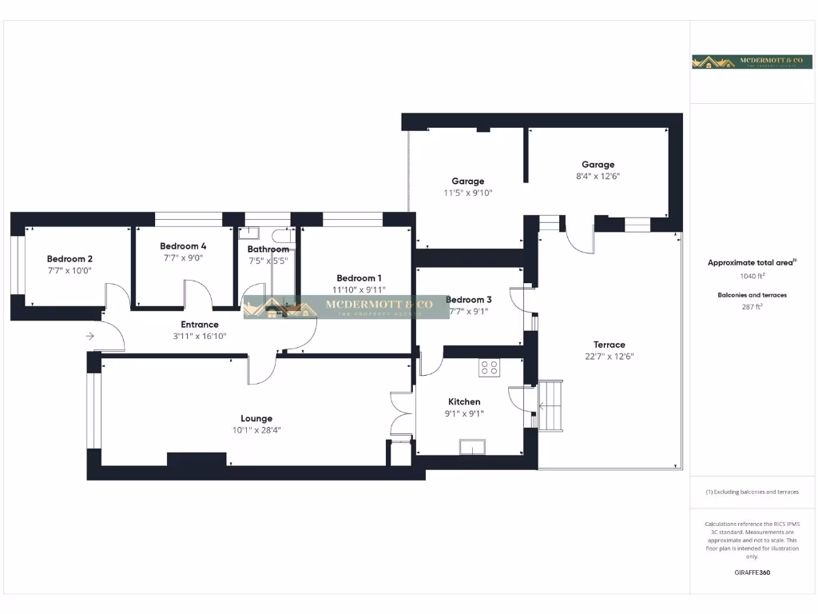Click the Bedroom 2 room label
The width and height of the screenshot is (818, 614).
pos(69,258)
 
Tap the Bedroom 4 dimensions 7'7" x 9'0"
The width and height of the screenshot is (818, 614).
pos(183,257)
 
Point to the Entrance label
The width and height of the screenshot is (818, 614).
pos(200,325)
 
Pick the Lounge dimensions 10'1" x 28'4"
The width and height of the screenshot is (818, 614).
pos(256,430)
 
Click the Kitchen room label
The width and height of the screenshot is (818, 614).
pos(464,401)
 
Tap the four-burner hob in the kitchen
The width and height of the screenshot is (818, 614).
pos(489,368)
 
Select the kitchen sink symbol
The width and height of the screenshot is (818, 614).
pos(472,446)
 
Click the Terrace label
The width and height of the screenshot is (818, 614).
pos(610,345)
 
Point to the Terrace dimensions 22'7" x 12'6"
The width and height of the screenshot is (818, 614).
pos(610,357)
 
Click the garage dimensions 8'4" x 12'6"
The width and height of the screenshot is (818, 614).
pos(598,177)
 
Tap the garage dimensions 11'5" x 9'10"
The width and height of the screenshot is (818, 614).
pos(468,193)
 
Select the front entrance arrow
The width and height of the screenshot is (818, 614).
pos(90,337)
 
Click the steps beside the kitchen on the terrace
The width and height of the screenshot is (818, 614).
pos(550,405)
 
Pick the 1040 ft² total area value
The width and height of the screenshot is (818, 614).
pos(752,276)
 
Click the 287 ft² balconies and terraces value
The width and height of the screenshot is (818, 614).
pos(752,306)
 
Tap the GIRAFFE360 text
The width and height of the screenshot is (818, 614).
pos(752,572)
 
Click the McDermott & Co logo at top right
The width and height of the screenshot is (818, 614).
pos(752,62)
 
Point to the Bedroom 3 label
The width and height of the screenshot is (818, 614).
pos(469,300)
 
